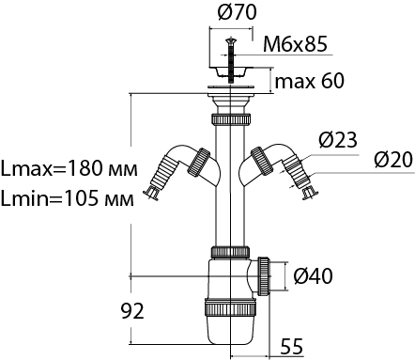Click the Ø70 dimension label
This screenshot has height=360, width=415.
[237, 12]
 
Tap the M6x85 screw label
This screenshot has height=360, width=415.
[295, 43]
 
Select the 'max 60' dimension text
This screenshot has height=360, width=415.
[309, 81]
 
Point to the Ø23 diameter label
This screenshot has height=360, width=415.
[338, 140]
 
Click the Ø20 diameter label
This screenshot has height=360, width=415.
[393, 161]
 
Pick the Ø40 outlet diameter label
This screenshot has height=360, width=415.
[314, 276]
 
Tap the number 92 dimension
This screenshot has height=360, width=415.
[132, 311]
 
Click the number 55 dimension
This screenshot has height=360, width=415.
[292, 347]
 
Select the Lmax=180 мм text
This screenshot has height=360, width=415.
[69, 168]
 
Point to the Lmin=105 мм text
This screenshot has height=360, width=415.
[68, 198]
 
